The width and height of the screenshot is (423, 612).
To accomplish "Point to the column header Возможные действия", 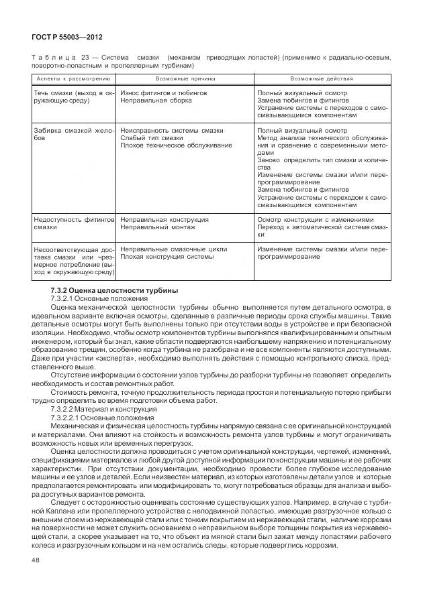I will pyautogui.click(x=322, y=78).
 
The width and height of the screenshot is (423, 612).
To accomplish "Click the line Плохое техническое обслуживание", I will pyautogui.click(x=176, y=145).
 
